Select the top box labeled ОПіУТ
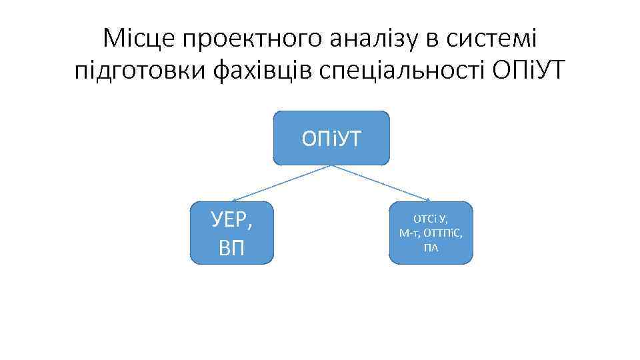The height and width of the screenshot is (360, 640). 331,138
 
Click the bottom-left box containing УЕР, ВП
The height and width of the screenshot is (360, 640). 232,233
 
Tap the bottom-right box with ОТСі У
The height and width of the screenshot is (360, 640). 431,233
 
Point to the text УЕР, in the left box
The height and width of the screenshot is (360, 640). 232,219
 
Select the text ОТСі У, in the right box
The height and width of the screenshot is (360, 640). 431,219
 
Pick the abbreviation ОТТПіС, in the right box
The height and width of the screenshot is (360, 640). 444,233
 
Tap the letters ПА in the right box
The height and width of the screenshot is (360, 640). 431,248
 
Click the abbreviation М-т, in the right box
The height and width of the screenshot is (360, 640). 409,233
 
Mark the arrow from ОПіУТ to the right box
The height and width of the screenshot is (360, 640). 381,183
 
